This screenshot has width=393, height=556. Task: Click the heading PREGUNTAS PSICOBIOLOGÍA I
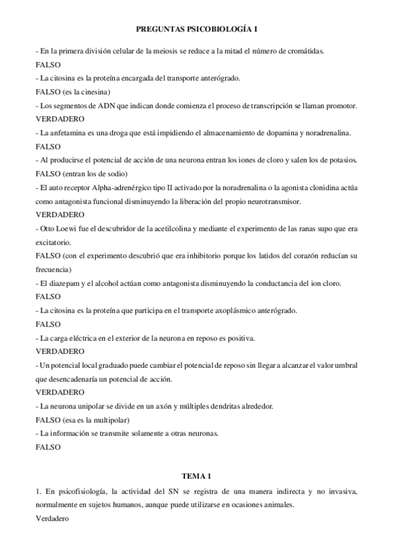[x=196, y=30]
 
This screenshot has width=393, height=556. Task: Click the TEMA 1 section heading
[x=196, y=475]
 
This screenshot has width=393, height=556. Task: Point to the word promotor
[x=339, y=106]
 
